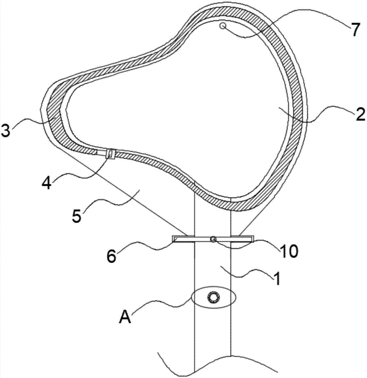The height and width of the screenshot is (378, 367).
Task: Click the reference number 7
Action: coord(355,29)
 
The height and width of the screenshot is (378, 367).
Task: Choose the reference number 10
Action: coord(289,251)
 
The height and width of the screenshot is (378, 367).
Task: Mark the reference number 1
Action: coord(277,279)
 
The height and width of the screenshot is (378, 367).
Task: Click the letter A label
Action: coord(125,316)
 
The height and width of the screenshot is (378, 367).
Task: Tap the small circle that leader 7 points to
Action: coord(223,25)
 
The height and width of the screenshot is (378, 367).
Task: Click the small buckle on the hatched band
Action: coord(110,153)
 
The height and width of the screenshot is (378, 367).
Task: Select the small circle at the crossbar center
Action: coord(213,239)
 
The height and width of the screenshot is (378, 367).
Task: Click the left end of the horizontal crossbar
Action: coord(172,239)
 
